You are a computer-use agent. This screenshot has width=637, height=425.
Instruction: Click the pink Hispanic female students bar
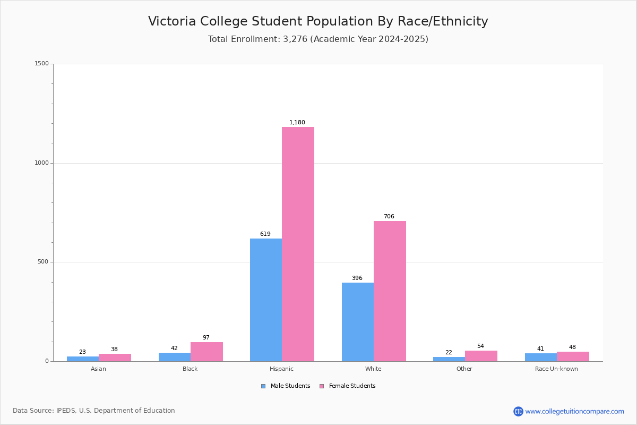click(298, 244)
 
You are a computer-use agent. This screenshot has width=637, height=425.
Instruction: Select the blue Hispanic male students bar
click(266, 300)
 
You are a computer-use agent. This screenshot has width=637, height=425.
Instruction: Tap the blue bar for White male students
click(358, 322)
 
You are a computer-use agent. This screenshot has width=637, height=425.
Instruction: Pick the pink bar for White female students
click(390, 291)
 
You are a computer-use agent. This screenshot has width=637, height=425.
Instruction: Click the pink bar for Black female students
click(206, 352)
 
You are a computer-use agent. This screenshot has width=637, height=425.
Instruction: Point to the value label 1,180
click(297, 123)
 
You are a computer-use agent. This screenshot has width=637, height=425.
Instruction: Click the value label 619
click(265, 234)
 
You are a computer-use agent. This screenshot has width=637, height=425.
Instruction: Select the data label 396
click(357, 278)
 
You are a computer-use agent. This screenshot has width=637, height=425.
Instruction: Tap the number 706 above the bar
click(389, 217)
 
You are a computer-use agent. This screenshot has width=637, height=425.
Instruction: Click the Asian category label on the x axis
click(98, 369)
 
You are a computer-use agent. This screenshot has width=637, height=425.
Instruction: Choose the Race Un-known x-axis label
click(556, 369)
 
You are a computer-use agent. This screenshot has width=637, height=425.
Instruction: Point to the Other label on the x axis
click(464, 369)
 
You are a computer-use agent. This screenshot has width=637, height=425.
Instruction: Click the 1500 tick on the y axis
click(41, 64)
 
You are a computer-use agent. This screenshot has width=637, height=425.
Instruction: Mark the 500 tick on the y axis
click(43, 262)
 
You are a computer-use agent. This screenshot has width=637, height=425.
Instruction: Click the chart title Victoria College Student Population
click(318, 22)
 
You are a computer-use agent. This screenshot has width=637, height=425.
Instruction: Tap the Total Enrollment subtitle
click(318, 39)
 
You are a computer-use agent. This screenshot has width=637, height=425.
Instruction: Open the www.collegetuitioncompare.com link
click(574, 411)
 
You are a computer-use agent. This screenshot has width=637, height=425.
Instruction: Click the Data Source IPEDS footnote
click(94, 411)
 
